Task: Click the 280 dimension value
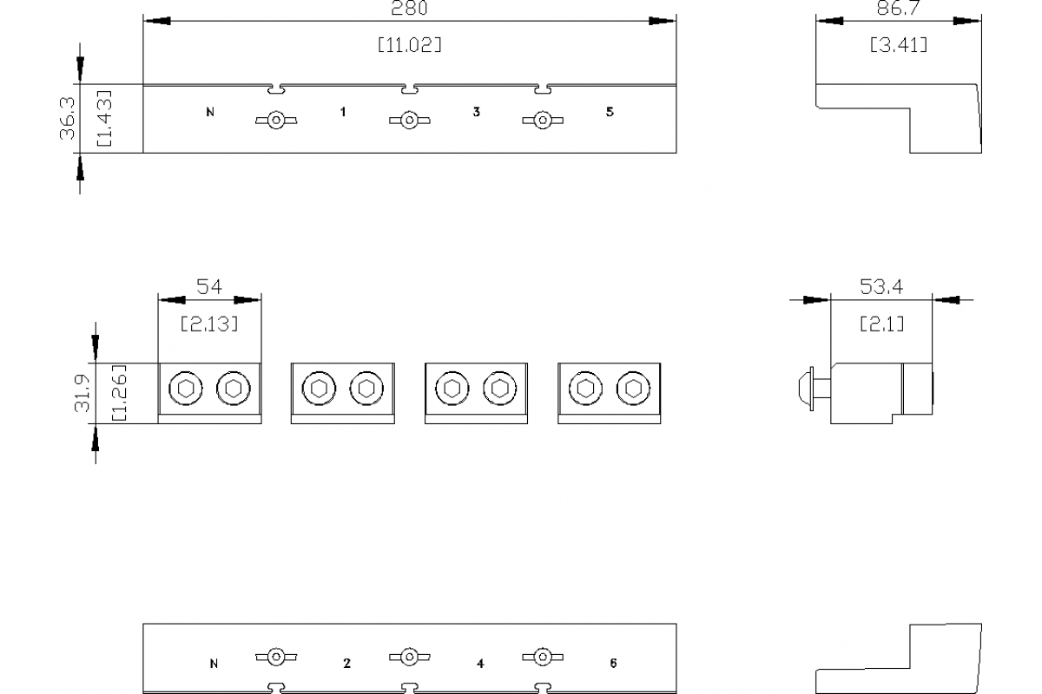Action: pyautogui.click(x=409, y=8)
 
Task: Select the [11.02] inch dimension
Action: pyautogui.click(x=409, y=45)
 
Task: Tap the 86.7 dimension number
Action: pyautogui.click(x=899, y=9)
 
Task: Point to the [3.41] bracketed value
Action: pyautogui.click(x=899, y=45)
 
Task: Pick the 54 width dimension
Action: pyautogui.click(x=208, y=287)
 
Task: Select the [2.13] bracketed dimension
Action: pyautogui.click(x=208, y=324)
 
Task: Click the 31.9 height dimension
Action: pyautogui.click(x=82, y=393)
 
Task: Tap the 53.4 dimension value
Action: pyautogui.click(x=881, y=287)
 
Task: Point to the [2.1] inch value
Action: pyautogui.click(x=881, y=324)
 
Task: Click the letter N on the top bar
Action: pyautogui.click(x=210, y=112)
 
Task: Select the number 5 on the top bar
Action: pyautogui.click(x=610, y=112)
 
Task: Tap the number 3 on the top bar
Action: pyautogui.click(x=477, y=112)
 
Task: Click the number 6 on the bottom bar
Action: pyautogui.click(x=613, y=664)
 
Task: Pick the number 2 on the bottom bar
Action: pyautogui.click(x=346, y=664)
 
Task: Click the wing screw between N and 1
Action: pyautogui.click(x=275, y=121)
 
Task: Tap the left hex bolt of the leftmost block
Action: pyautogui.click(x=184, y=388)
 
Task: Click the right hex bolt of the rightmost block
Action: pyautogui.click(x=633, y=388)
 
